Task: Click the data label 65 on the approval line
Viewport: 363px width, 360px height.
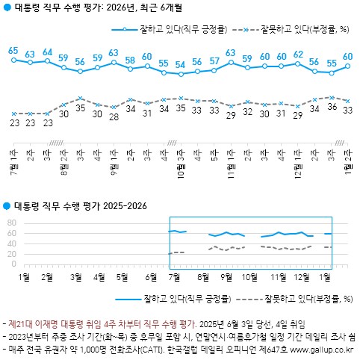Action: point(13,51)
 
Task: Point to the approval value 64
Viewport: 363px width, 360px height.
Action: point(47,52)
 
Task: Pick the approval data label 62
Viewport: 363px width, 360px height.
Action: point(298,55)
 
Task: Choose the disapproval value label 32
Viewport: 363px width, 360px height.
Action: point(247,112)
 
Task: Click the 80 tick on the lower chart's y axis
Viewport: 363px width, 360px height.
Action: point(11,223)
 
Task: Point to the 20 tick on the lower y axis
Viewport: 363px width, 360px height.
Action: point(11,254)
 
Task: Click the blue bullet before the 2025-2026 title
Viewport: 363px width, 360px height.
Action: point(7,206)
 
